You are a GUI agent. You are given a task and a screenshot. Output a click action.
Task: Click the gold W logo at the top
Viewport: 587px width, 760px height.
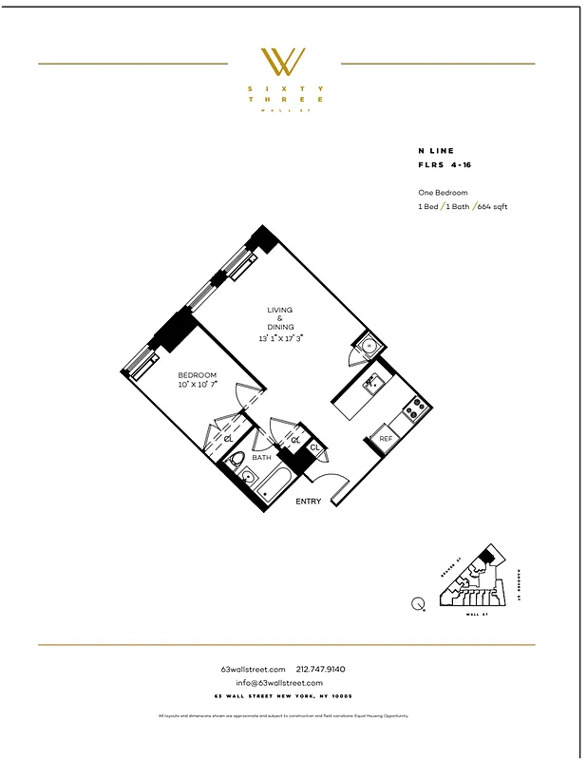(x=284, y=62)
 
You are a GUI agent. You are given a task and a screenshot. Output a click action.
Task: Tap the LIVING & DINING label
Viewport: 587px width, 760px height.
(x=280, y=318)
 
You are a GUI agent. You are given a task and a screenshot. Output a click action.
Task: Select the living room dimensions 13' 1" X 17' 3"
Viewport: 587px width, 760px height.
(x=280, y=338)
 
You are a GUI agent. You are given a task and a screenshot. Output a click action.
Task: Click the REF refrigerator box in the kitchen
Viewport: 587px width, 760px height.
(x=386, y=439)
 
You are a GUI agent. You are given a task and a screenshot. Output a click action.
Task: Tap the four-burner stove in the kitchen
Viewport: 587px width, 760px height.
(x=415, y=411)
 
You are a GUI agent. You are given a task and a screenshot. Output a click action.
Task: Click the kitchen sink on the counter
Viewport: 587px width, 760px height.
(x=372, y=383)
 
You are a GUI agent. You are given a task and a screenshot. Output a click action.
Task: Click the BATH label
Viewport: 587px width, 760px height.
(x=262, y=457)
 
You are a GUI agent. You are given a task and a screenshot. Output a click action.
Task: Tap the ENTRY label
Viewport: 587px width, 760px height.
(x=309, y=502)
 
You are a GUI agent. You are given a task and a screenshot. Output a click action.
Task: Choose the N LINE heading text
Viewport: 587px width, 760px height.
(x=436, y=151)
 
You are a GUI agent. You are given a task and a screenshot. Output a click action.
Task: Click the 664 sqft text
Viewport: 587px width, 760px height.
(x=491, y=206)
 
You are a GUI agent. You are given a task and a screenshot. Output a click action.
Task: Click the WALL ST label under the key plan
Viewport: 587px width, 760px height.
(x=476, y=616)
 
